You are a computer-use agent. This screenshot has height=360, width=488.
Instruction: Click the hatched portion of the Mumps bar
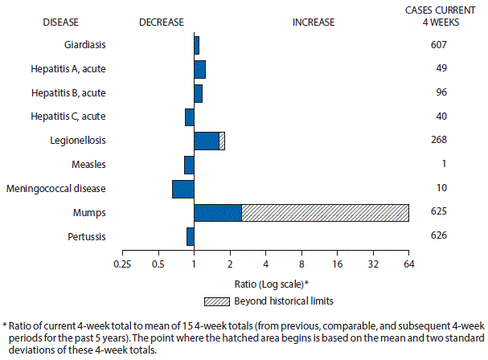point(325,212)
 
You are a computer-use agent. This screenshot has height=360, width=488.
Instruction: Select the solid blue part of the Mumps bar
point(218,212)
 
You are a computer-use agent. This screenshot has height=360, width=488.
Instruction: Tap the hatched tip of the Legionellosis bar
point(222,141)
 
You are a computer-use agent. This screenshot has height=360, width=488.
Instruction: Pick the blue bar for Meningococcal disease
point(183,189)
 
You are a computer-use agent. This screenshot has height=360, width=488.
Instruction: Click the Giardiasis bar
point(197,45)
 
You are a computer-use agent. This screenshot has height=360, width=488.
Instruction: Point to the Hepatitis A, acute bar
point(199,69)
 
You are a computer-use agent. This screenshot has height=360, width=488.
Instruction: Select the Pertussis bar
point(191,236)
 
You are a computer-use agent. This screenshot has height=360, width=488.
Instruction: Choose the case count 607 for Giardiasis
point(438,45)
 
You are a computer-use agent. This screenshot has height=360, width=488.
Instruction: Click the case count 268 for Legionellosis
point(438,141)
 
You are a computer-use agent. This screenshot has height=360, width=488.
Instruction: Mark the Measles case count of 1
point(438,165)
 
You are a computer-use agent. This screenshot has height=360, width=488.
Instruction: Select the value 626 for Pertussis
point(438,236)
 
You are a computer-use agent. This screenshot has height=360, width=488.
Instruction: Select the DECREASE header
point(162,22)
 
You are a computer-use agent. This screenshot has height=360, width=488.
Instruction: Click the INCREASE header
point(314,22)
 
